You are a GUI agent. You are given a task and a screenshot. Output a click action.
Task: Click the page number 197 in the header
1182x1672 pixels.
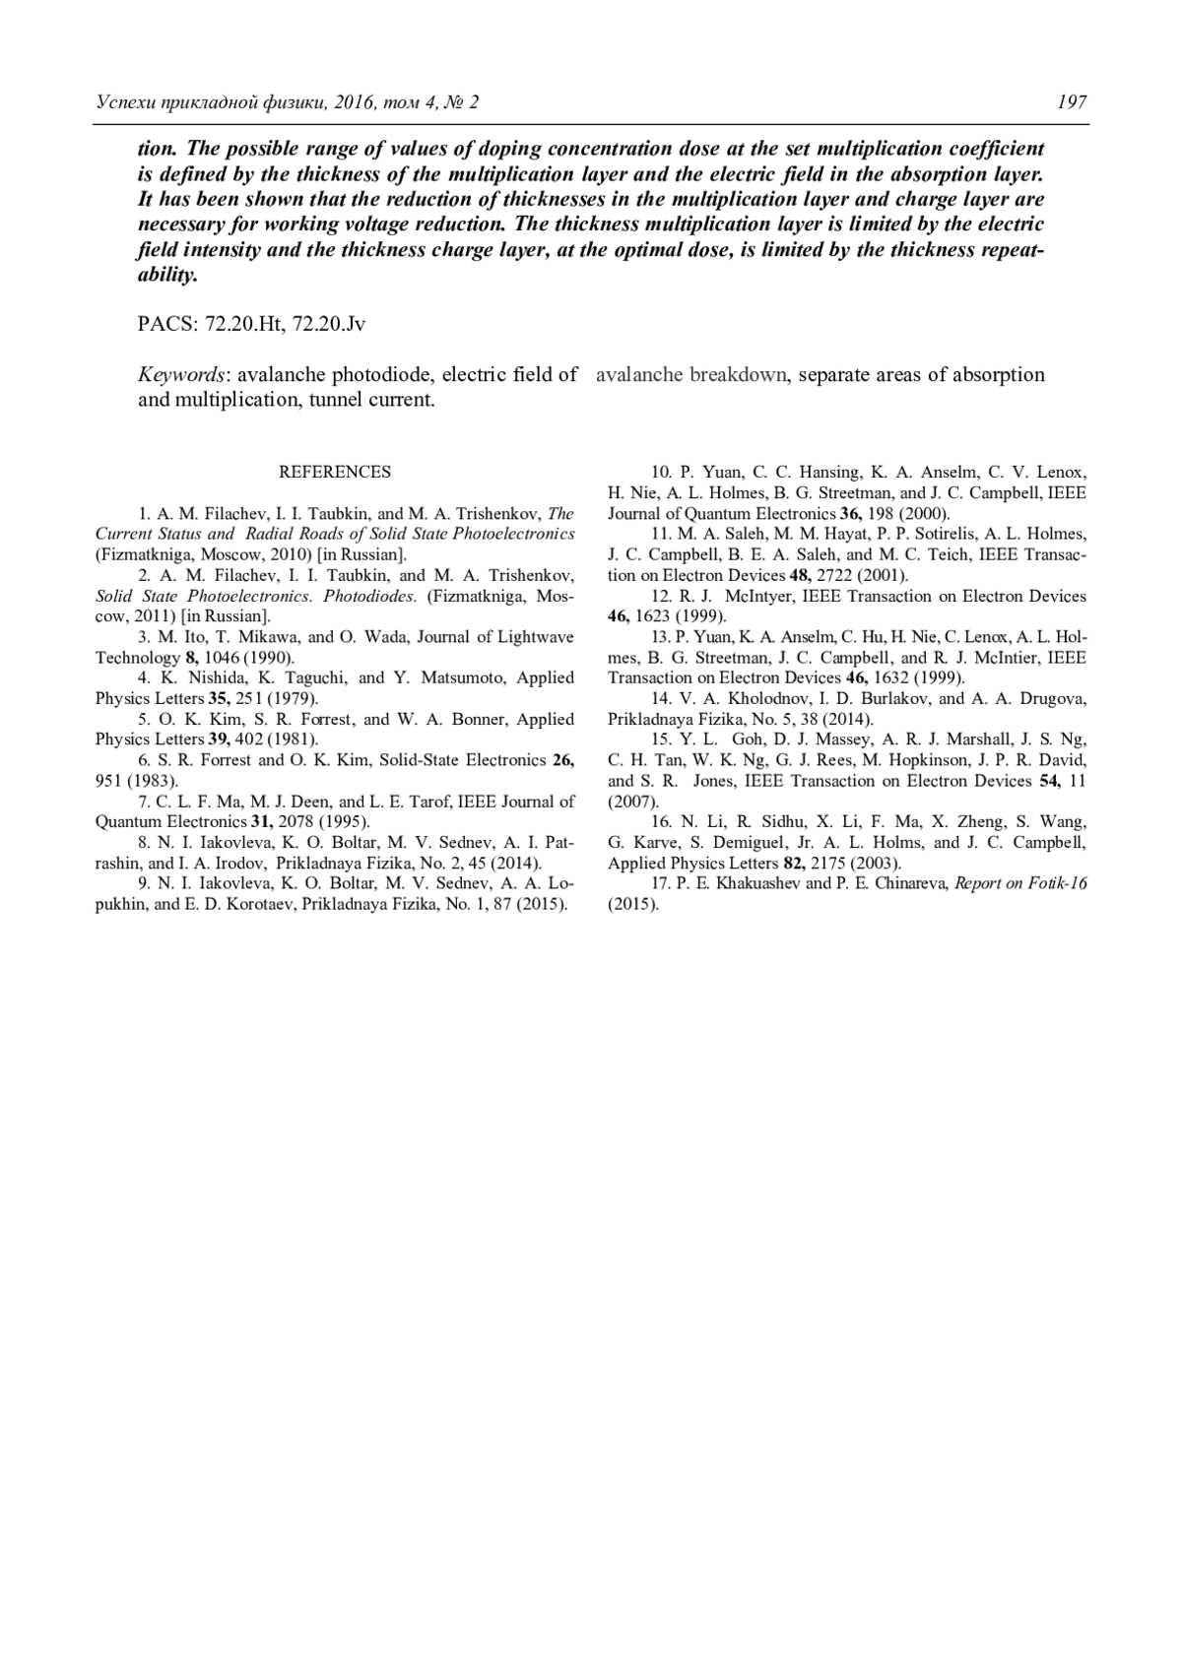(1071, 102)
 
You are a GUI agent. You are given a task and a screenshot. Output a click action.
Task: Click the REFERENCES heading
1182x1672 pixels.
(335, 472)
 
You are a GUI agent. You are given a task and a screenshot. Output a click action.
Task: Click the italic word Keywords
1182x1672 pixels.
(182, 375)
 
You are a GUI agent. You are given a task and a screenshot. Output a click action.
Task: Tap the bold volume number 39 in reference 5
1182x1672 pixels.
(220, 739)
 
